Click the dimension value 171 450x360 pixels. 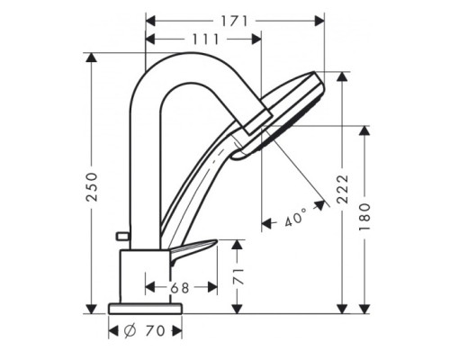[x=235, y=22]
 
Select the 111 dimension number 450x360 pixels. [x=206, y=40]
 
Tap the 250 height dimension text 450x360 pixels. [x=92, y=187]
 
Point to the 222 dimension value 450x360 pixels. [x=343, y=189]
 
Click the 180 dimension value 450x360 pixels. [x=364, y=217]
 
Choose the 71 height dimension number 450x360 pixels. [x=238, y=276]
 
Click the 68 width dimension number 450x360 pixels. [x=180, y=288]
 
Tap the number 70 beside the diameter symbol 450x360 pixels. [x=156, y=331]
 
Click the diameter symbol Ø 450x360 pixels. [x=130, y=331]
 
